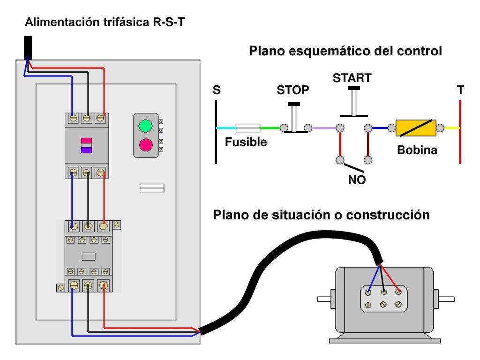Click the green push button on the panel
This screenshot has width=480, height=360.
(x=145, y=126)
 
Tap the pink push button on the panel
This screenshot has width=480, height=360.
(x=146, y=145)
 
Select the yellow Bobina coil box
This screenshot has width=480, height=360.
(x=416, y=128)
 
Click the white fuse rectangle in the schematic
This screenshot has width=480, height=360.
(x=247, y=128)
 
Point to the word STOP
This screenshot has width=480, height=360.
(x=292, y=90)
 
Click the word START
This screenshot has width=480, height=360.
(x=352, y=78)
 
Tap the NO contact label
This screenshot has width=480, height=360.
(x=357, y=180)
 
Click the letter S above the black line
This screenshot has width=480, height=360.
(x=217, y=90)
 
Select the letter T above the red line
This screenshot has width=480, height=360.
(x=460, y=90)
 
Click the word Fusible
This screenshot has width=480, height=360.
(x=246, y=142)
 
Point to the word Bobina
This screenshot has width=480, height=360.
(x=417, y=150)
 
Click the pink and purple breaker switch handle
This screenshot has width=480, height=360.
(x=86, y=145)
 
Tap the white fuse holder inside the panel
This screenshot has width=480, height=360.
(x=152, y=188)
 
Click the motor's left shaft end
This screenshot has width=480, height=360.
(x=324, y=299)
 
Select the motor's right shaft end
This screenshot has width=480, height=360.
(x=446, y=299)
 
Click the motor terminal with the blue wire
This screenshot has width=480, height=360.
(x=368, y=292)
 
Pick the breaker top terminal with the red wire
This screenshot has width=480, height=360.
(x=100, y=118)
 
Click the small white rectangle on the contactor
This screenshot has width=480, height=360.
(x=89, y=256)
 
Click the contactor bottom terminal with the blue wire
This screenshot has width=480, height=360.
(x=74, y=285)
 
